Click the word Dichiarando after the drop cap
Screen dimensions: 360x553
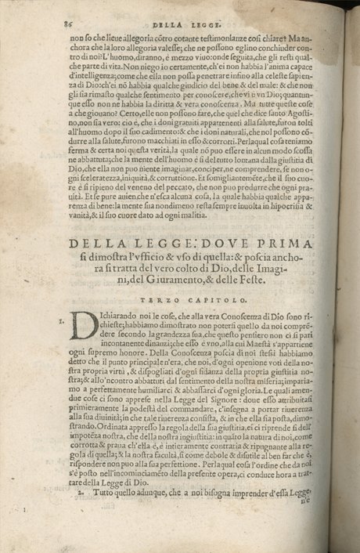click(121, 316)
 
